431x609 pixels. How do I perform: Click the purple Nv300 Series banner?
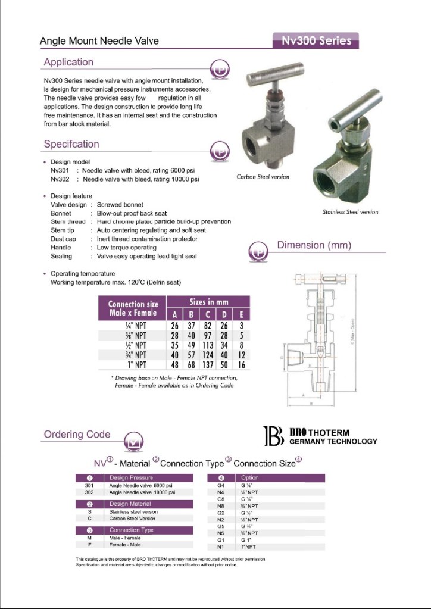tap(316, 41)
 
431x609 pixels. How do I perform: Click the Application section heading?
tap(68, 62)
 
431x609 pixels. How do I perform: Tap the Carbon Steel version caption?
tap(263, 177)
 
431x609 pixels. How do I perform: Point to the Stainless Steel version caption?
tap(350, 212)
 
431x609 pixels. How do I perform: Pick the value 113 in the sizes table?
tap(208, 345)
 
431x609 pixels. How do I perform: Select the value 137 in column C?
tap(208, 364)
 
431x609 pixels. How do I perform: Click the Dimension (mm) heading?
tap(314, 245)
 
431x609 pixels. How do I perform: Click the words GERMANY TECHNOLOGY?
tap(333, 441)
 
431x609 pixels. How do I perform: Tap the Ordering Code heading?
tap(77, 434)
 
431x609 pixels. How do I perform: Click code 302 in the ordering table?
tap(89, 493)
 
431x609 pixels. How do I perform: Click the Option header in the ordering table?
tap(250, 477)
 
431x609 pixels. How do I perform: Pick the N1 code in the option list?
tap(220, 546)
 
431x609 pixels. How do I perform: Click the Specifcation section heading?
tap(71, 144)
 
